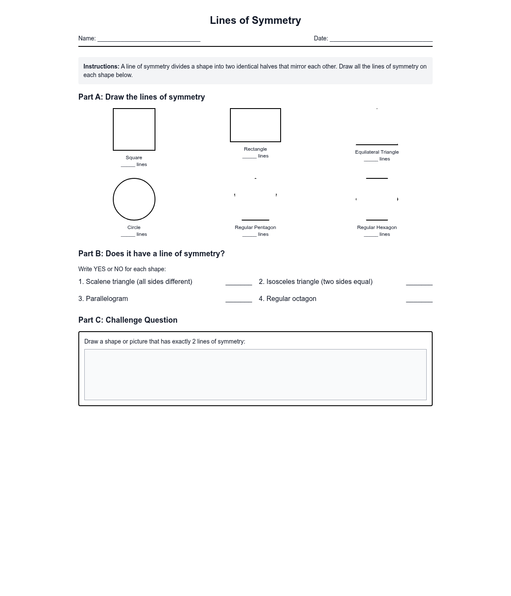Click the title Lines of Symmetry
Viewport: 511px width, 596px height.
click(x=255, y=20)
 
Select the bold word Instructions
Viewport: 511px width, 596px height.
click(x=101, y=66)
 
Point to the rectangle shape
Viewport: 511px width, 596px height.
click(x=255, y=125)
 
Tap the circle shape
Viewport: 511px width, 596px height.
click(x=134, y=199)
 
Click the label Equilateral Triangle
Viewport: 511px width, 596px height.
click(x=377, y=152)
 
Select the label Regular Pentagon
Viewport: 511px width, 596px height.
click(x=255, y=227)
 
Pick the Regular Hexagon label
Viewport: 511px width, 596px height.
click(x=377, y=227)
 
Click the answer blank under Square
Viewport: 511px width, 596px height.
click(x=128, y=165)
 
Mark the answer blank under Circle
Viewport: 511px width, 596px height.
click(x=128, y=235)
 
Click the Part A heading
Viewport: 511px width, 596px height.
click(x=141, y=97)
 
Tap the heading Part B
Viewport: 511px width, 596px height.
click(x=151, y=254)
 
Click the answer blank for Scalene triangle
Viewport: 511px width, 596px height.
click(x=238, y=283)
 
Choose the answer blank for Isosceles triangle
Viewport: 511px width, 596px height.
click(x=419, y=283)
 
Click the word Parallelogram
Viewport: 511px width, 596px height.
click(x=107, y=299)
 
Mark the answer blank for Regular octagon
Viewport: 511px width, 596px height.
click(x=419, y=300)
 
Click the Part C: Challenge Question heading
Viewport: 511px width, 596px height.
click(x=128, y=320)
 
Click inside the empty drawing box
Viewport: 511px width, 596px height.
click(x=255, y=375)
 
